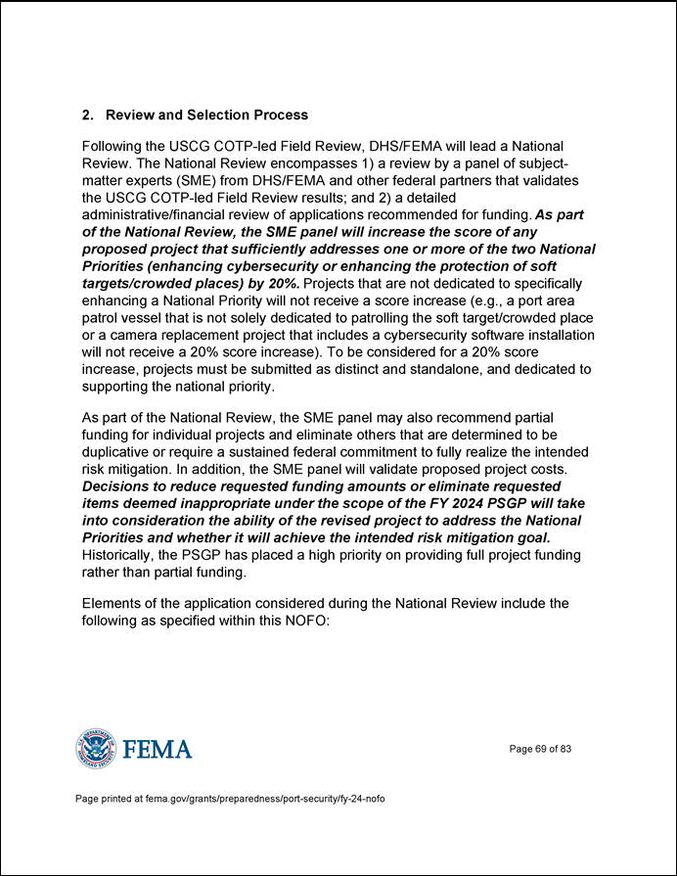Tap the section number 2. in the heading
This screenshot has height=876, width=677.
87,115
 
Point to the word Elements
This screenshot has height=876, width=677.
111,603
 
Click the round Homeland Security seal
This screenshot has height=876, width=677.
95,750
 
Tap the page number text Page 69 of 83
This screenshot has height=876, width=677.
540,750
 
